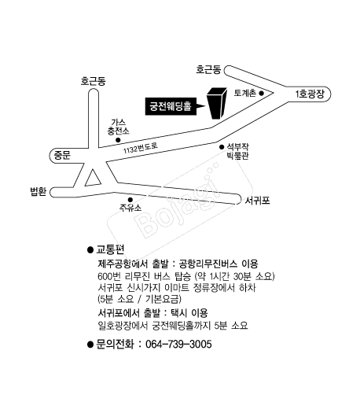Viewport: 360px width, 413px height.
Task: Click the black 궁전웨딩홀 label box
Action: [x=171, y=106]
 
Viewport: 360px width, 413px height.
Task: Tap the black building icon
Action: [x=217, y=103]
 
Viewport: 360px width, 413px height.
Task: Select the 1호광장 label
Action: [x=310, y=94]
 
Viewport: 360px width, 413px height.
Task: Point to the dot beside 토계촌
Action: [x=261, y=93]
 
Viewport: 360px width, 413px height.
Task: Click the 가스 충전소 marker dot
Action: [x=118, y=140]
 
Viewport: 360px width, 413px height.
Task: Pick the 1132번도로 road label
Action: [x=140, y=149]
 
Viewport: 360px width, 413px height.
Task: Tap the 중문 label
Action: [x=62, y=155]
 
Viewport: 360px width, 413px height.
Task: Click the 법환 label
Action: [x=39, y=191]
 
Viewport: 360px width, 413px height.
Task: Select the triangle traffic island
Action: [x=93, y=179]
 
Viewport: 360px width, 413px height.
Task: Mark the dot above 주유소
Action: [x=130, y=200]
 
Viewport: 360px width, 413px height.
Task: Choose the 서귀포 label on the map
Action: [x=257, y=201]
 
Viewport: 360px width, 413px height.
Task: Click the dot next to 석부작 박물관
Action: [x=222, y=147]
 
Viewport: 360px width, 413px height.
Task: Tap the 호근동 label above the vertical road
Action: [x=93, y=81]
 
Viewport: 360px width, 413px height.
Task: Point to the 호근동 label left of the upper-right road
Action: [x=208, y=69]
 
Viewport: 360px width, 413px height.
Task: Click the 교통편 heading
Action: [x=110, y=249]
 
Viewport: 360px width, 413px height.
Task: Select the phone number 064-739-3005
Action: [x=178, y=345]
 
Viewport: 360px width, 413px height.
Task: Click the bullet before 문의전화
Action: [x=90, y=345]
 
